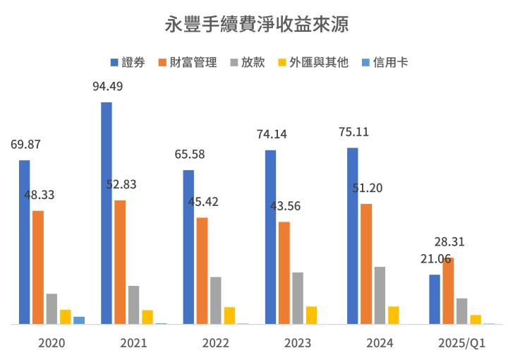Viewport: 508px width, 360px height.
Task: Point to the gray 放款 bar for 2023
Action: pos(298,298)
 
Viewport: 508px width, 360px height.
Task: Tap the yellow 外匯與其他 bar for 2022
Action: pos(229,316)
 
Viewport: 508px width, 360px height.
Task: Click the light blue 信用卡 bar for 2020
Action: pos(79,320)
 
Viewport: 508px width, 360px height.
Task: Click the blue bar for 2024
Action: pos(353,236)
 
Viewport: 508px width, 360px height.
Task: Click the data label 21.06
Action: pos(435,259)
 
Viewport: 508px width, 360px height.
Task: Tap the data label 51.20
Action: pos(367,188)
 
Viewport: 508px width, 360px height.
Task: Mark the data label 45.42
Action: pos(203,201)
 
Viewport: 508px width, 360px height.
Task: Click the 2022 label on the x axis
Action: pos(215,343)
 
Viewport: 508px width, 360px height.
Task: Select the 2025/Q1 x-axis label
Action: pos(462,343)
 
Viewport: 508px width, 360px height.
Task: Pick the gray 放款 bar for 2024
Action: pos(380,295)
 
